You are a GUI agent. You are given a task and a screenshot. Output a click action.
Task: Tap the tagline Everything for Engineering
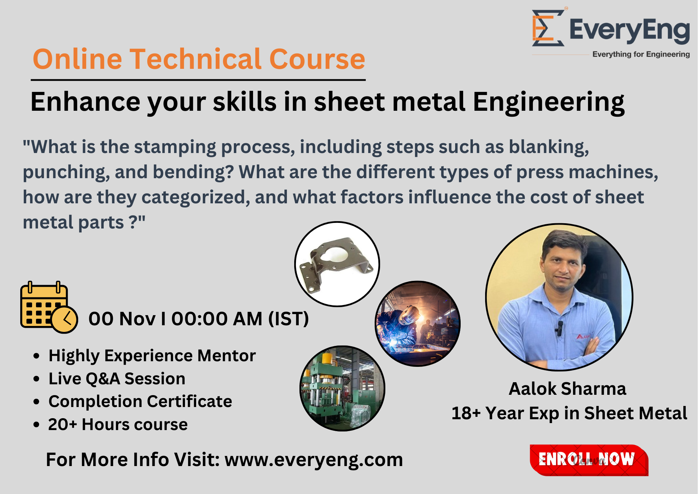(x=641, y=55)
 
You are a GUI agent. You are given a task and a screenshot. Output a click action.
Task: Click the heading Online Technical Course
(x=199, y=59)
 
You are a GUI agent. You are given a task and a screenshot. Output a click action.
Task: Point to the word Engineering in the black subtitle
(x=548, y=102)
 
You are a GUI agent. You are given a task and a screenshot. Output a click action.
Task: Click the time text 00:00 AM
(x=217, y=319)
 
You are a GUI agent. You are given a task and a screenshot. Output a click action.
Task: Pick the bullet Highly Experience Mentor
(x=152, y=356)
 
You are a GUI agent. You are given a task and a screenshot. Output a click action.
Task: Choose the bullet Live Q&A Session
(x=117, y=379)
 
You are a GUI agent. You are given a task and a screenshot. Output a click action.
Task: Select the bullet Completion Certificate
(x=140, y=401)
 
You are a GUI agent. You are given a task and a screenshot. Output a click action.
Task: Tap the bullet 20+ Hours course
(x=118, y=424)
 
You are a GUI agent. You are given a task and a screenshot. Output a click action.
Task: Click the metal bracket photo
(x=337, y=264)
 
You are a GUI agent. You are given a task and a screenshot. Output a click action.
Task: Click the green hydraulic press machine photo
(x=342, y=388)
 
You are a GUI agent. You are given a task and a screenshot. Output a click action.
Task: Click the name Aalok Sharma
(x=567, y=388)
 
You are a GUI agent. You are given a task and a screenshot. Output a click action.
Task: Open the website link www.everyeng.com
(x=313, y=459)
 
